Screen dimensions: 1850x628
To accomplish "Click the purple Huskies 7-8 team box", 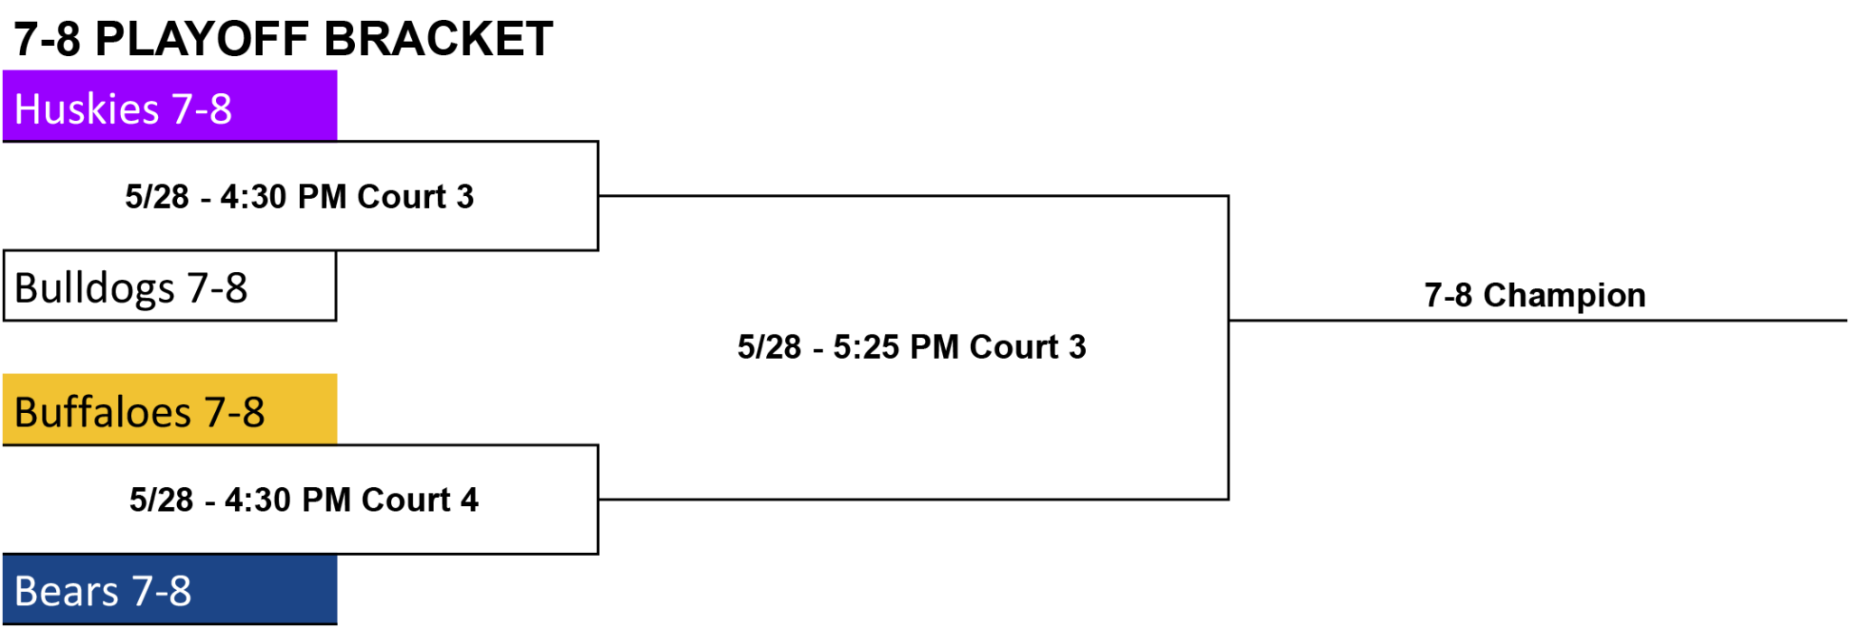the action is click(x=170, y=106).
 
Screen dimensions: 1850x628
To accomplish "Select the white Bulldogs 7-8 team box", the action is click(x=170, y=286).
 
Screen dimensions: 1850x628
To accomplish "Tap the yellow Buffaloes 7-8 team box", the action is click(x=170, y=409).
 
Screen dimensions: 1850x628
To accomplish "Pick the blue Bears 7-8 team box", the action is click(x=170, y=589).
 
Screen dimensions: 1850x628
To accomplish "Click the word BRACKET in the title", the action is click(x=438, y=39).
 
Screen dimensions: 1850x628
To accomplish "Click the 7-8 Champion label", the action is click(x=1535, y=295).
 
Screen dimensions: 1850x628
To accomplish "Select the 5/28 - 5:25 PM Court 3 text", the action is click(x=911, y=347).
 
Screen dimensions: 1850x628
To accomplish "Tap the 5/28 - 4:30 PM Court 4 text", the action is click(x=304, y=500).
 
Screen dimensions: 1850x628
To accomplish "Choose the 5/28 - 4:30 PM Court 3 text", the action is click(x=299, y=197).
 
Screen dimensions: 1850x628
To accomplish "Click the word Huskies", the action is click(x=87, y=109).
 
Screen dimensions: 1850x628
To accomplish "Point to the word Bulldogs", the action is click(x=94, y=289).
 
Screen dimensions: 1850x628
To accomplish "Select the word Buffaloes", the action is click(x=102, y=412).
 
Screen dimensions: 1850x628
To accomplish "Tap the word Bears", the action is click(x=66, y=592).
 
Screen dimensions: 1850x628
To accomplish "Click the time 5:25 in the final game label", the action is click(x=867, y=347).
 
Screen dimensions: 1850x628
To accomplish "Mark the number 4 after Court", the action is click(x=470, y=500).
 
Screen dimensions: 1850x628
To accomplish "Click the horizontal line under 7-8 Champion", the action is click(x=1537, y=320).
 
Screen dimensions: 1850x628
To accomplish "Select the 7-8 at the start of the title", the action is click(x=47, y=39).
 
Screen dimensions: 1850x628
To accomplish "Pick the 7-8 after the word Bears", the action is click(x=161, y=592).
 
